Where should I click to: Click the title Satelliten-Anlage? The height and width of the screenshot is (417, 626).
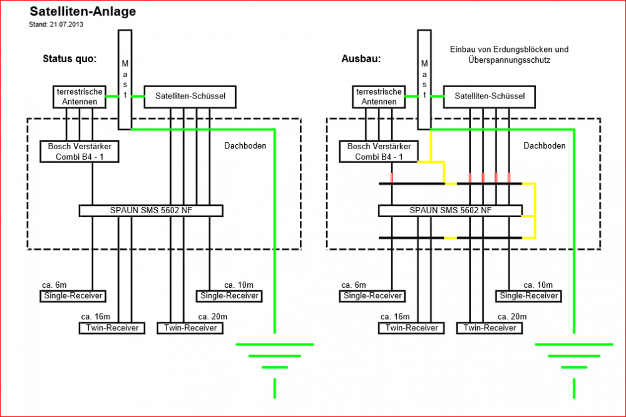tap(83, 11)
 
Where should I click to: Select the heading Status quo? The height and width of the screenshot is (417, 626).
tap(69, 59)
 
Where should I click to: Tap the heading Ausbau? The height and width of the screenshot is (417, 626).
tap(361, 59)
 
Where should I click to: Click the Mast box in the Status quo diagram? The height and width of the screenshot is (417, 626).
tap(125, 78)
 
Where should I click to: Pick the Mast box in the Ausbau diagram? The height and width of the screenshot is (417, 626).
tap(424, 78)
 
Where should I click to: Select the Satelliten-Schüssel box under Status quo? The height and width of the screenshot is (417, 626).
tap(190, 96)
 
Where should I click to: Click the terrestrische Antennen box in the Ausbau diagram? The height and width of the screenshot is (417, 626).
tap(379, 97)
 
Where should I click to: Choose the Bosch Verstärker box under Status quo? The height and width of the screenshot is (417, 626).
tap(80, 151)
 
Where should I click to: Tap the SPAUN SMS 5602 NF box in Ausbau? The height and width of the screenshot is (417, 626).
tap(450, 211)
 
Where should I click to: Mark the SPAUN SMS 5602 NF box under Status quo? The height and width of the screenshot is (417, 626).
tap(151, 211)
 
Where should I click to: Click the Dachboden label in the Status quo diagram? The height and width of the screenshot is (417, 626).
tap(245, 145)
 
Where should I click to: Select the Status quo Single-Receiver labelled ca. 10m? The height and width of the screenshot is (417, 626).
tap(229, 296)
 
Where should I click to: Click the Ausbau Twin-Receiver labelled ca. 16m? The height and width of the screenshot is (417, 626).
tap(412, 327)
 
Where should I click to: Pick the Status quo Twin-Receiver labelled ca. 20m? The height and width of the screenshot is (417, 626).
tap(190, 327)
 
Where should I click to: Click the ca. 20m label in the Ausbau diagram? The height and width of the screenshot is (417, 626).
tap(512, 317)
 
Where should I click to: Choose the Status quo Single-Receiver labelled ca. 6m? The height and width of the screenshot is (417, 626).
tap(73, 296)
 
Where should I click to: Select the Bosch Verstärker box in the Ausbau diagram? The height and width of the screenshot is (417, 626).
tap(379, 151)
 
